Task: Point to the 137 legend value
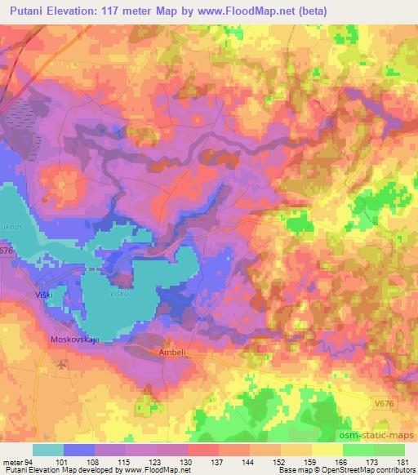(218, 461)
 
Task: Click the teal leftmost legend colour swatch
(48, 450)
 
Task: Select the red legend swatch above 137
(202, 450)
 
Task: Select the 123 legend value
(156, 461)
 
